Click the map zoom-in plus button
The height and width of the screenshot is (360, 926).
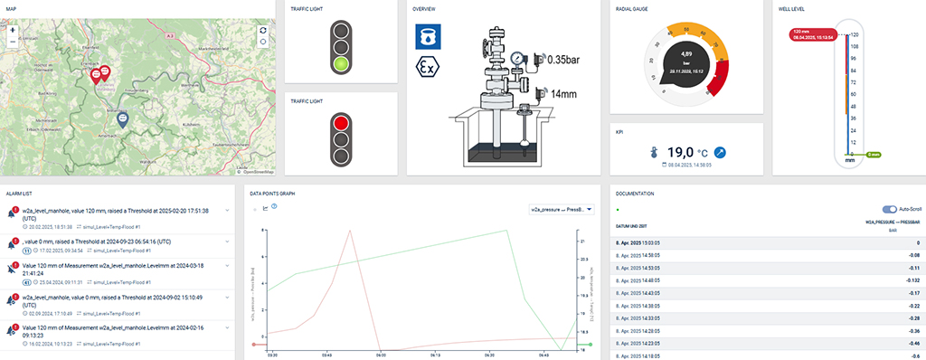(x=13, y=29)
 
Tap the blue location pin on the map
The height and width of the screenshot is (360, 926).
(x=123, y=118)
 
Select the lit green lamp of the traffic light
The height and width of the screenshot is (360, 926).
(x=341, y=64)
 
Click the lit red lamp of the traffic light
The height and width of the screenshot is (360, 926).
(x=341, y=121)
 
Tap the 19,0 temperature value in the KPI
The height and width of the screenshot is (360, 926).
(x=679, y=153)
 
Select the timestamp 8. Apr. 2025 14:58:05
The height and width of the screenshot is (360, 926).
(x=638, y=256)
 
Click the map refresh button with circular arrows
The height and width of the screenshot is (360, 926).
(x=262, y=30)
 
